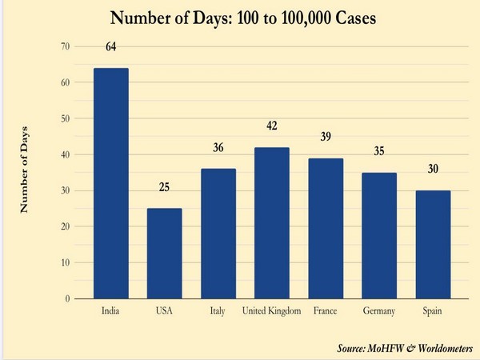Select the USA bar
[x=165, y=253]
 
